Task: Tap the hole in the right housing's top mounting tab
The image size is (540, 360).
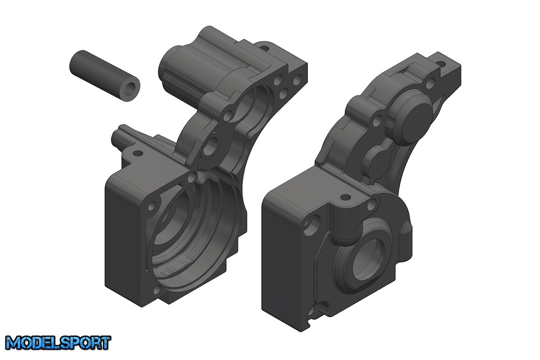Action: [x=441, y=64]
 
